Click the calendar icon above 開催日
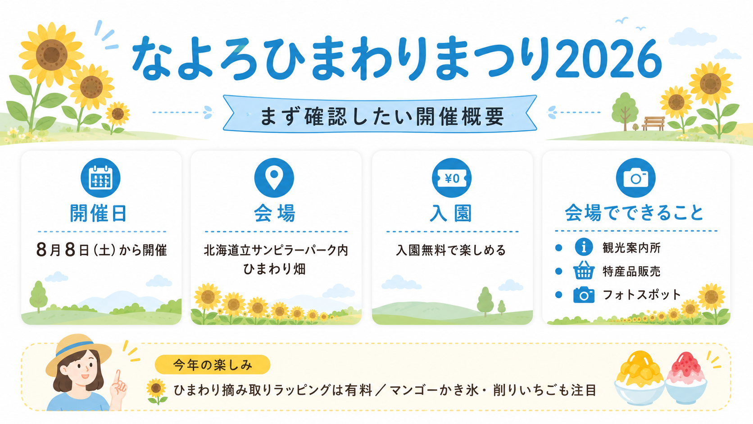[x=100, y=178]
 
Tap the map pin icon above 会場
[x=274, y=178]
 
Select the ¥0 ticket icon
[x=451, y=178]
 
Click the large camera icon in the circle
[x=635, y=178]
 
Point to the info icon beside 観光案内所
[x=584, y=247]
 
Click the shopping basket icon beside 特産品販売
[x=584, y=270]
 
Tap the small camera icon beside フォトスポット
[x=584, y=295]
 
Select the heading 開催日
[x=98, y=213]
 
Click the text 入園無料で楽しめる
[x=451, y=250]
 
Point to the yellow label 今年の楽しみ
[x=213, y=365]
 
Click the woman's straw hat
[x=78, y=353]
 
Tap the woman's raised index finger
[x=118, y=377]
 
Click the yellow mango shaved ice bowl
[x=639, y=377]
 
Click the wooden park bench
[x=653, y=123]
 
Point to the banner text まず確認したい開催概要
[x=382, y=116]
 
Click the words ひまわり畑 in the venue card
[x=274, y=269]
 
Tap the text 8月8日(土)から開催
[x=101, y=250]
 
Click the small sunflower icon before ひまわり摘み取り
[x=157, y=391]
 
